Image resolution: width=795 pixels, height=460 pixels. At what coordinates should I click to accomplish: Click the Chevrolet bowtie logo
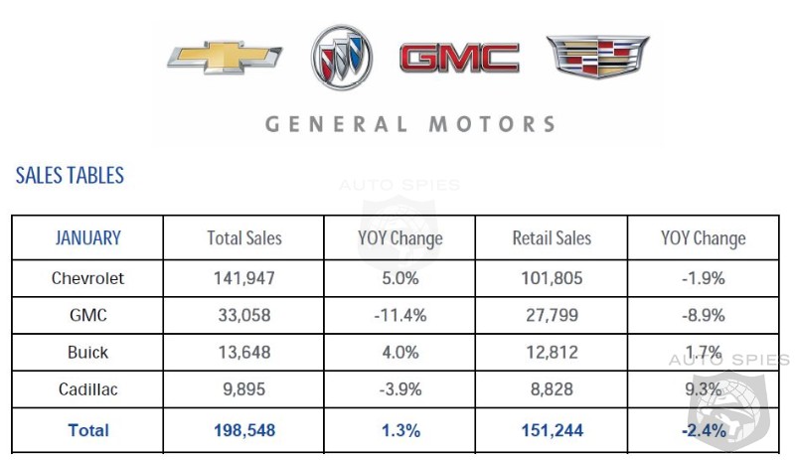(224, 58)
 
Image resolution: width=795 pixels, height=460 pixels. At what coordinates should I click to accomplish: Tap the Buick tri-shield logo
(341, 58)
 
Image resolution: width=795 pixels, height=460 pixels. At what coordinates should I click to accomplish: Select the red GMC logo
(459, 58)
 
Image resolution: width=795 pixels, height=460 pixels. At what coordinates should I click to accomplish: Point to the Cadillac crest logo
(597, 57)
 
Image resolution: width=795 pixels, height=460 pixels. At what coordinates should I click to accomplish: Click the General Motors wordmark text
(409, 124)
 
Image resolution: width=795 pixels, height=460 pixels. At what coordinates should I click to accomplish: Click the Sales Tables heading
(70, 176)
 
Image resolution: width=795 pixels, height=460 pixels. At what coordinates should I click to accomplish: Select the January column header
(87, 238)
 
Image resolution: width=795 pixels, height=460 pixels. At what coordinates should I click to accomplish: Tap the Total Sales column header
(244, 238)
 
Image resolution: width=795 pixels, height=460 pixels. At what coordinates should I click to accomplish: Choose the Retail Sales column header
(552, 238)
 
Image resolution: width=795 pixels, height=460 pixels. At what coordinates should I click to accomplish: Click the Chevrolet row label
(87, 278)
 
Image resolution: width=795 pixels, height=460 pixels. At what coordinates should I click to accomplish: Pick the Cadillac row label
(87, 389)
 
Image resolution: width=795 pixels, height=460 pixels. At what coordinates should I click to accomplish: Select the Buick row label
(87, 353)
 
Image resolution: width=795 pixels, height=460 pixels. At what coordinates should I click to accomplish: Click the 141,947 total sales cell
(244, 278)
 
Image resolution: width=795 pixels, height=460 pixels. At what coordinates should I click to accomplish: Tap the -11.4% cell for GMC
(399, 316)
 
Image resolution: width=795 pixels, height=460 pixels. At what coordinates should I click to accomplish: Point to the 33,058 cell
(244, 316)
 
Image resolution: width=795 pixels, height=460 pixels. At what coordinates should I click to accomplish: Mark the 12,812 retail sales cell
(552, 353)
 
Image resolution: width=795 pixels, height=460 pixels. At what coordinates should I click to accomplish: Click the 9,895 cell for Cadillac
(244, 389)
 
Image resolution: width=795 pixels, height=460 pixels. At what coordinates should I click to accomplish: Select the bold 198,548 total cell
(244, 430)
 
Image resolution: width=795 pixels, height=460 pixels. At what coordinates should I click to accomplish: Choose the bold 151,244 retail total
(552, 430)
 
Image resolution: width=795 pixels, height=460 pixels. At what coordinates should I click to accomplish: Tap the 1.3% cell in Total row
(399, 430)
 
